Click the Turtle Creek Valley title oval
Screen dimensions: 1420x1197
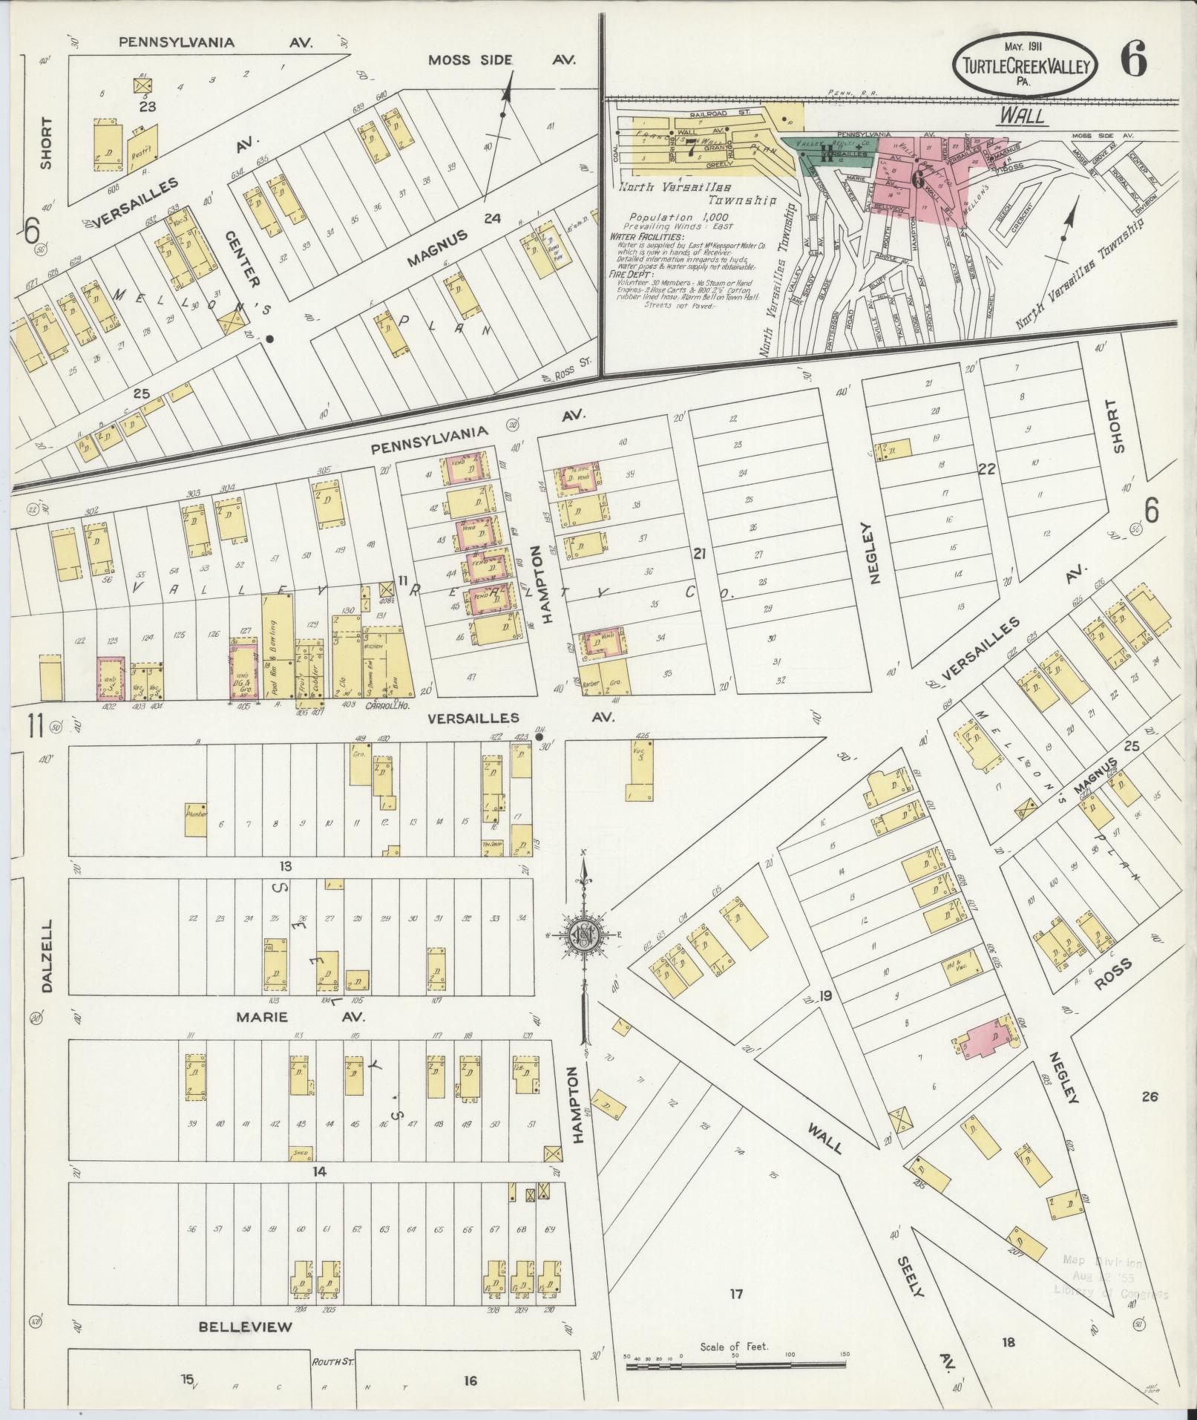point(1025,68)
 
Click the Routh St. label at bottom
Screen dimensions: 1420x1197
point(329,1361)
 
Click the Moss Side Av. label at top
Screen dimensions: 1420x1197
point(502,59)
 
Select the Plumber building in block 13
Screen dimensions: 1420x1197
point(195,819)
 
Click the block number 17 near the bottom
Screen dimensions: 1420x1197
point(735,1295)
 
